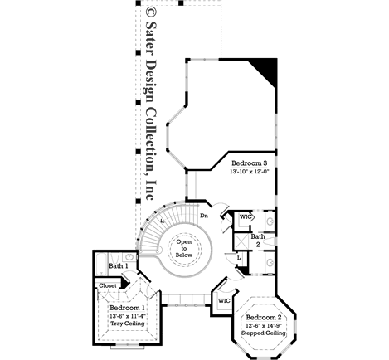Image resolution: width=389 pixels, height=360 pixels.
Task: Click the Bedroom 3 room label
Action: pos(249,163)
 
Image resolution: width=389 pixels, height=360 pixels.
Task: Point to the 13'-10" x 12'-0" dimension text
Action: pos(249,173)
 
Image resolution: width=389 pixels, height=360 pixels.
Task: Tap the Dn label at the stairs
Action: pos(204,216)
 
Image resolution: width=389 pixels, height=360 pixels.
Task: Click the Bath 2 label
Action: pos(258,241)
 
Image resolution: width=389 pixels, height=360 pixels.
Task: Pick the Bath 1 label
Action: pos(117,266)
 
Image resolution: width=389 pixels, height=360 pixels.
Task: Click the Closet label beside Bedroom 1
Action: pos(108,285)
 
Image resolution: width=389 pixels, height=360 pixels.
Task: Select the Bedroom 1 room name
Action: pos(127,307)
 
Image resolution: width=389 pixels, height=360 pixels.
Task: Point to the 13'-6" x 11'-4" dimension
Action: pos(127,315)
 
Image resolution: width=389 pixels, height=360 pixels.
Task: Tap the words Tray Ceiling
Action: pos(127,324)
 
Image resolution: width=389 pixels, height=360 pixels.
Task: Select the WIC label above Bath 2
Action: pos(245,217)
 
